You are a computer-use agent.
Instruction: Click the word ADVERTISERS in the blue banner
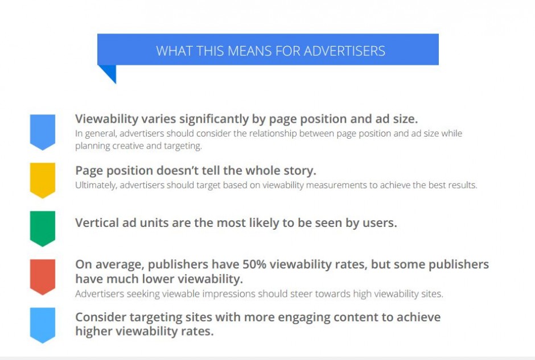point(344,51)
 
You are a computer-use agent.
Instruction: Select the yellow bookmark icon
point(43,180)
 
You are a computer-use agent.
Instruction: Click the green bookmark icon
point(43,229)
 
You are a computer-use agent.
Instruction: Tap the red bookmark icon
point(43,277)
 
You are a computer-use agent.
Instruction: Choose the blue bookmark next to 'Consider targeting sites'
point(43,325)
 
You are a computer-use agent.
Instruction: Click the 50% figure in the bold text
point(254,264)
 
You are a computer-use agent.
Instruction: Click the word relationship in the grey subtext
point(273,133)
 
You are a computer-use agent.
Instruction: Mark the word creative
point(128,146)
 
